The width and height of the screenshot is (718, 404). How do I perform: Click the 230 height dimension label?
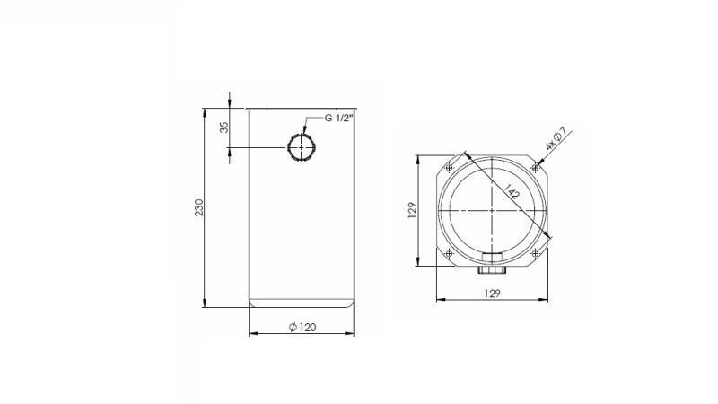200,207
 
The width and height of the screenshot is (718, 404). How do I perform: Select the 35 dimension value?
224,127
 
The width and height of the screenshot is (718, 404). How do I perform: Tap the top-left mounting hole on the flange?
449,167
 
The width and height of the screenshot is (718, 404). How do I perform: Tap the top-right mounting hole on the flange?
535,167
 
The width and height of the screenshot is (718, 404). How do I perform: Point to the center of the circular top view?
492,209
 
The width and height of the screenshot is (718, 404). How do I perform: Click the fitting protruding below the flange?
492,268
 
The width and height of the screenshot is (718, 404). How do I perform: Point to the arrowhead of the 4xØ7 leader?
538,164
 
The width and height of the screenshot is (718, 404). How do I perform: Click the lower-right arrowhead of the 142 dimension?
550,236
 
